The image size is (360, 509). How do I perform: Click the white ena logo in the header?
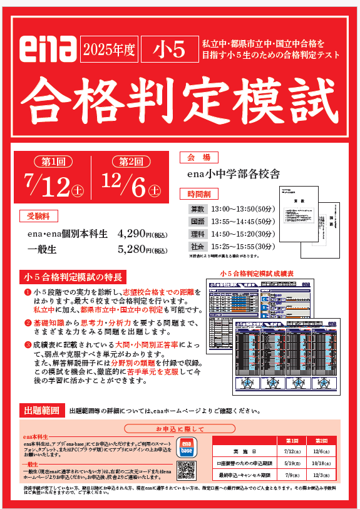point(48,49)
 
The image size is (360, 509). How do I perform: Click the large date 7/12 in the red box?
point(53,184)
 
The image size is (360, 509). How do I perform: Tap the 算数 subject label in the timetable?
point(197,208)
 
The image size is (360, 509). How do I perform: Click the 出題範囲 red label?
point(42,411)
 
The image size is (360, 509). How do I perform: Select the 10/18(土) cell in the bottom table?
point(321,464)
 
